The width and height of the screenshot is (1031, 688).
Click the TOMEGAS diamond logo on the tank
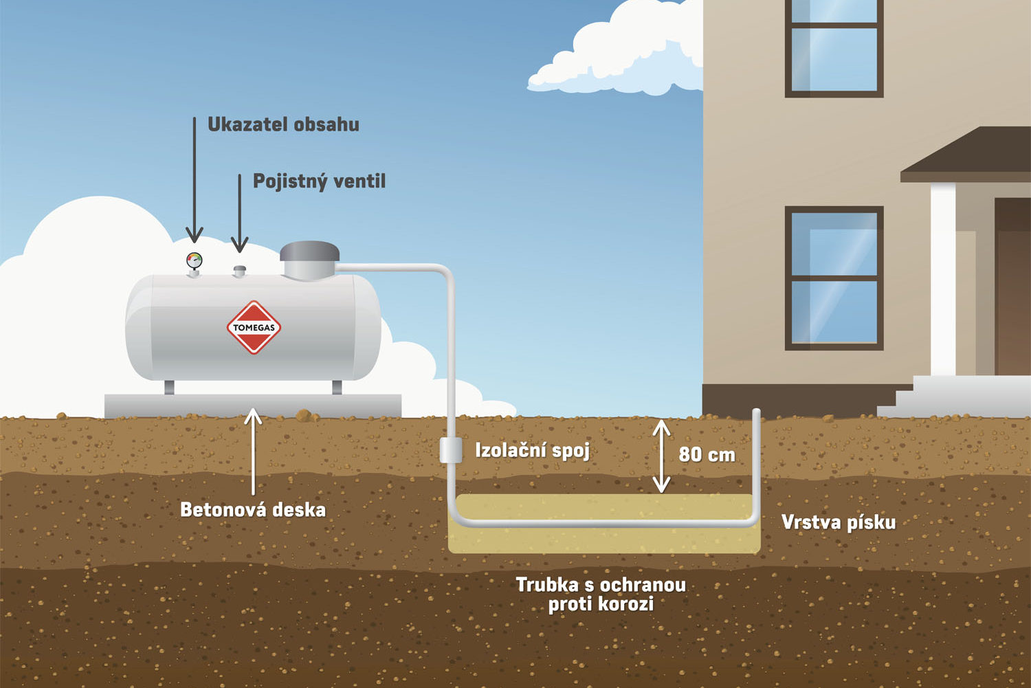coord(254,327)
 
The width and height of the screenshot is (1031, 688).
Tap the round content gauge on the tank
coord(195,260)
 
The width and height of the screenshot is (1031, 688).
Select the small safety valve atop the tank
coord(239,270)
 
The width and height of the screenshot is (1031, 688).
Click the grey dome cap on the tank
coord(309,259)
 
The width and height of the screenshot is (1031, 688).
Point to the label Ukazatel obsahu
coord(283,124)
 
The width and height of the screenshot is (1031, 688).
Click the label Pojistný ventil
coord(319,181)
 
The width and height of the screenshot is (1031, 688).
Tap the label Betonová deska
coord(252,509)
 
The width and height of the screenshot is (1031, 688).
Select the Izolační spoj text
coord(532,450)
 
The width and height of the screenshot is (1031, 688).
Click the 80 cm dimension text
coord(707,454)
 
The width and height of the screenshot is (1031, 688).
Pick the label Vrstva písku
coord(838,522)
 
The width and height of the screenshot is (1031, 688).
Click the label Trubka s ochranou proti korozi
coord(601,594)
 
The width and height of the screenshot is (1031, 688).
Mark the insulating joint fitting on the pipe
coord(450,450)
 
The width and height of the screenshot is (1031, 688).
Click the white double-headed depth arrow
coord(661,456)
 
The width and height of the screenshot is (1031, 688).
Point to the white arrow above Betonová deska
coord(253,450)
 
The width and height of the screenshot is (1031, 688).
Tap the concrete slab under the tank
coord(252,405)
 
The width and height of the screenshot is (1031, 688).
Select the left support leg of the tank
coord(169,387)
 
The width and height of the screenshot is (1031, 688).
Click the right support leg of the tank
coord(337,387)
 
